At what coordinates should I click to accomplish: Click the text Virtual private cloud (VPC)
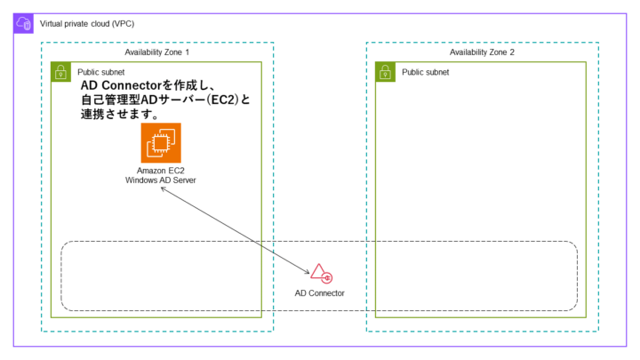click(87, 23)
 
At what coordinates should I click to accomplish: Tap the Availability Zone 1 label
click(157, 52)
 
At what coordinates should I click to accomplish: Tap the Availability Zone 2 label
click(482, 52)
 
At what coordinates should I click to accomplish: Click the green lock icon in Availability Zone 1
click(60, 72)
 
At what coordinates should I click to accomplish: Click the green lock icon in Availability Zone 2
click(385, 72)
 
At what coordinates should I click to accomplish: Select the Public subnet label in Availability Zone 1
click(100, 71)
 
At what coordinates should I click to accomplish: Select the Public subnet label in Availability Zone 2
click(425, 71)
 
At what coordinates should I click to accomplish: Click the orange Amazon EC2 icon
click(161, 143)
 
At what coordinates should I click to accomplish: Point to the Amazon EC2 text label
click(161, 170)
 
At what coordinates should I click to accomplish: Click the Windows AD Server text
click(161, 180)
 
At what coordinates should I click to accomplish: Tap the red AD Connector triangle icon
click(318, 273)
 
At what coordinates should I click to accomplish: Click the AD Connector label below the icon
click(319, 292)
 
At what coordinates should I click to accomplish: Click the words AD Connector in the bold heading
click(118, 84)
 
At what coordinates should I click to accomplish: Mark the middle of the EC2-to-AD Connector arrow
click(234, 228)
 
